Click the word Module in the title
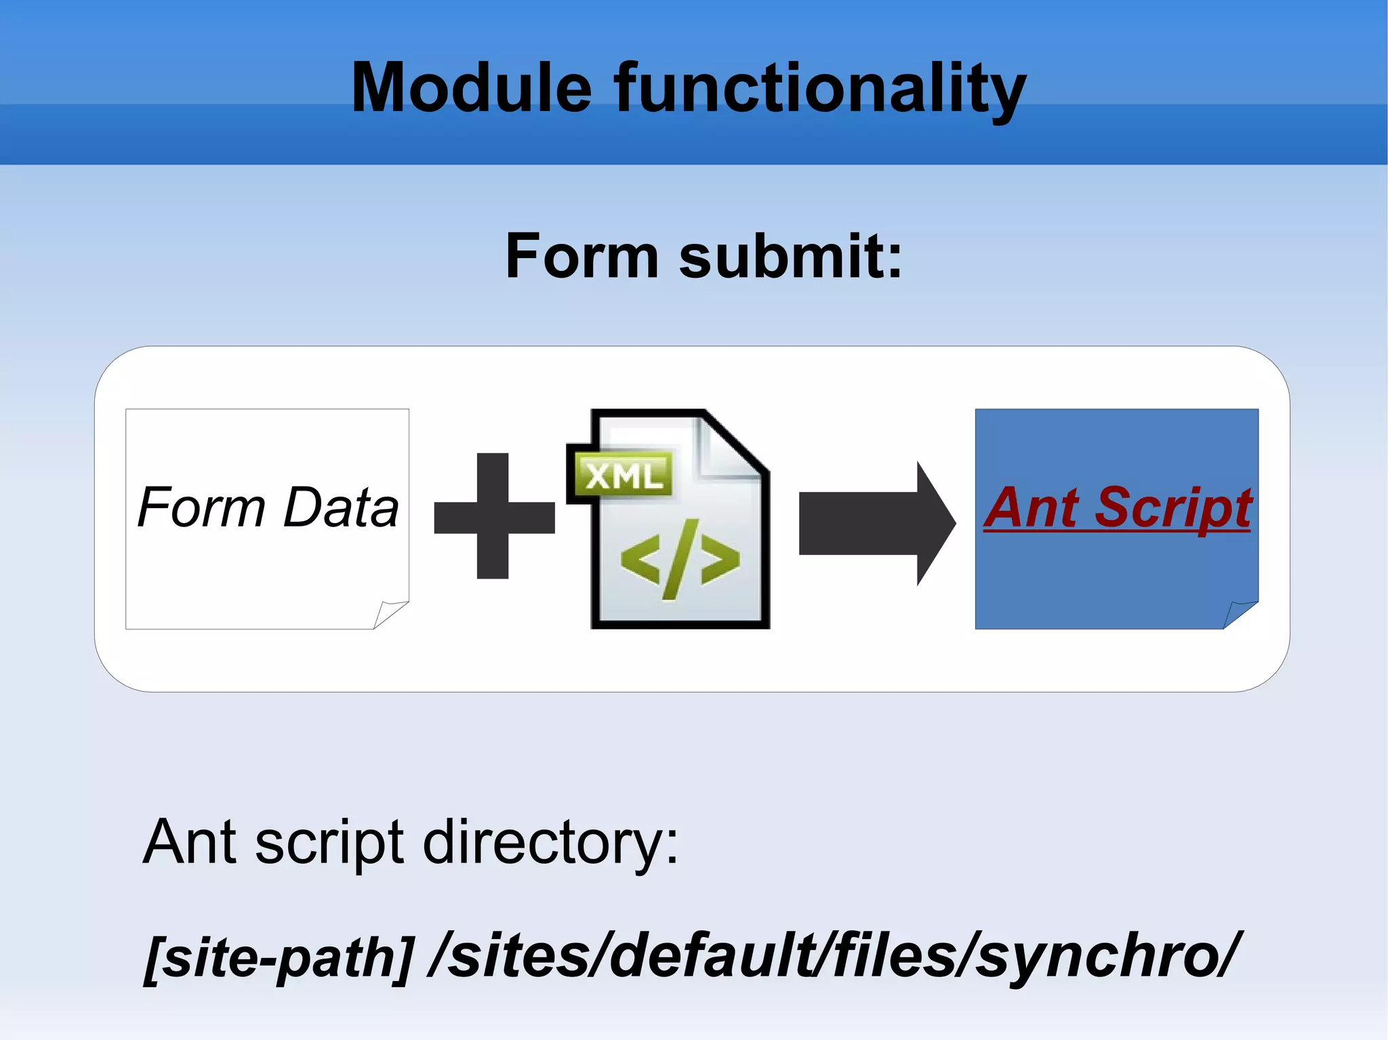pos(472,88)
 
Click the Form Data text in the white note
pos(268,507)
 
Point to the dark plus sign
pos(493,516)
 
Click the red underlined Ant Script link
pos(1117,507)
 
